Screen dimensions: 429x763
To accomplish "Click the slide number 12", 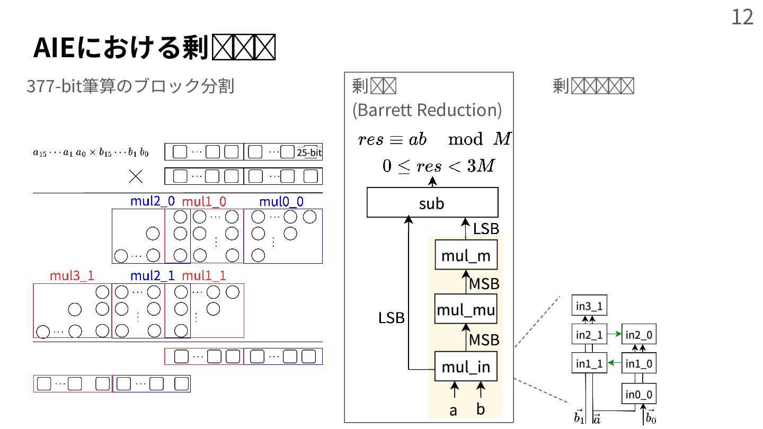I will [x=742, y=17].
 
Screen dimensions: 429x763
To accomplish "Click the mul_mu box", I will [x=466, y=310].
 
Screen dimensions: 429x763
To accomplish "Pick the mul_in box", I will [x=466, y=367].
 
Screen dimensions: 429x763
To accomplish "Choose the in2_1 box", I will [x=589, y=334].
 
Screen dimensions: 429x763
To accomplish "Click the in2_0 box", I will [x=639, y=334].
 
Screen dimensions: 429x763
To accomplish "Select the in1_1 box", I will [x=589, y=363].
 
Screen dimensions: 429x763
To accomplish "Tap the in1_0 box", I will [x=639, y=363].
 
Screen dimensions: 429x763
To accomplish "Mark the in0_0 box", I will [x=639, y=394].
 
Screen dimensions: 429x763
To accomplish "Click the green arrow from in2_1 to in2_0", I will [x=614, y=334].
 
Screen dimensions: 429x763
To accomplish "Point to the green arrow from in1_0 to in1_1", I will [x=614, y=363].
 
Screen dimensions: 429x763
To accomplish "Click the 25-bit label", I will [x=309, y=153].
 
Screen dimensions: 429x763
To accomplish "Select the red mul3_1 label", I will [x=72, y=276].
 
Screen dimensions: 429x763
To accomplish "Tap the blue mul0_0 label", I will [x=281, y=202].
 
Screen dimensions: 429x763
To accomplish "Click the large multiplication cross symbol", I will [x=136, y=176].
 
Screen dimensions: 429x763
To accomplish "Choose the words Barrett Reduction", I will [x=427, y=110].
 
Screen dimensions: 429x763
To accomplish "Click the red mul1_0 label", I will [x=204, y=202].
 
